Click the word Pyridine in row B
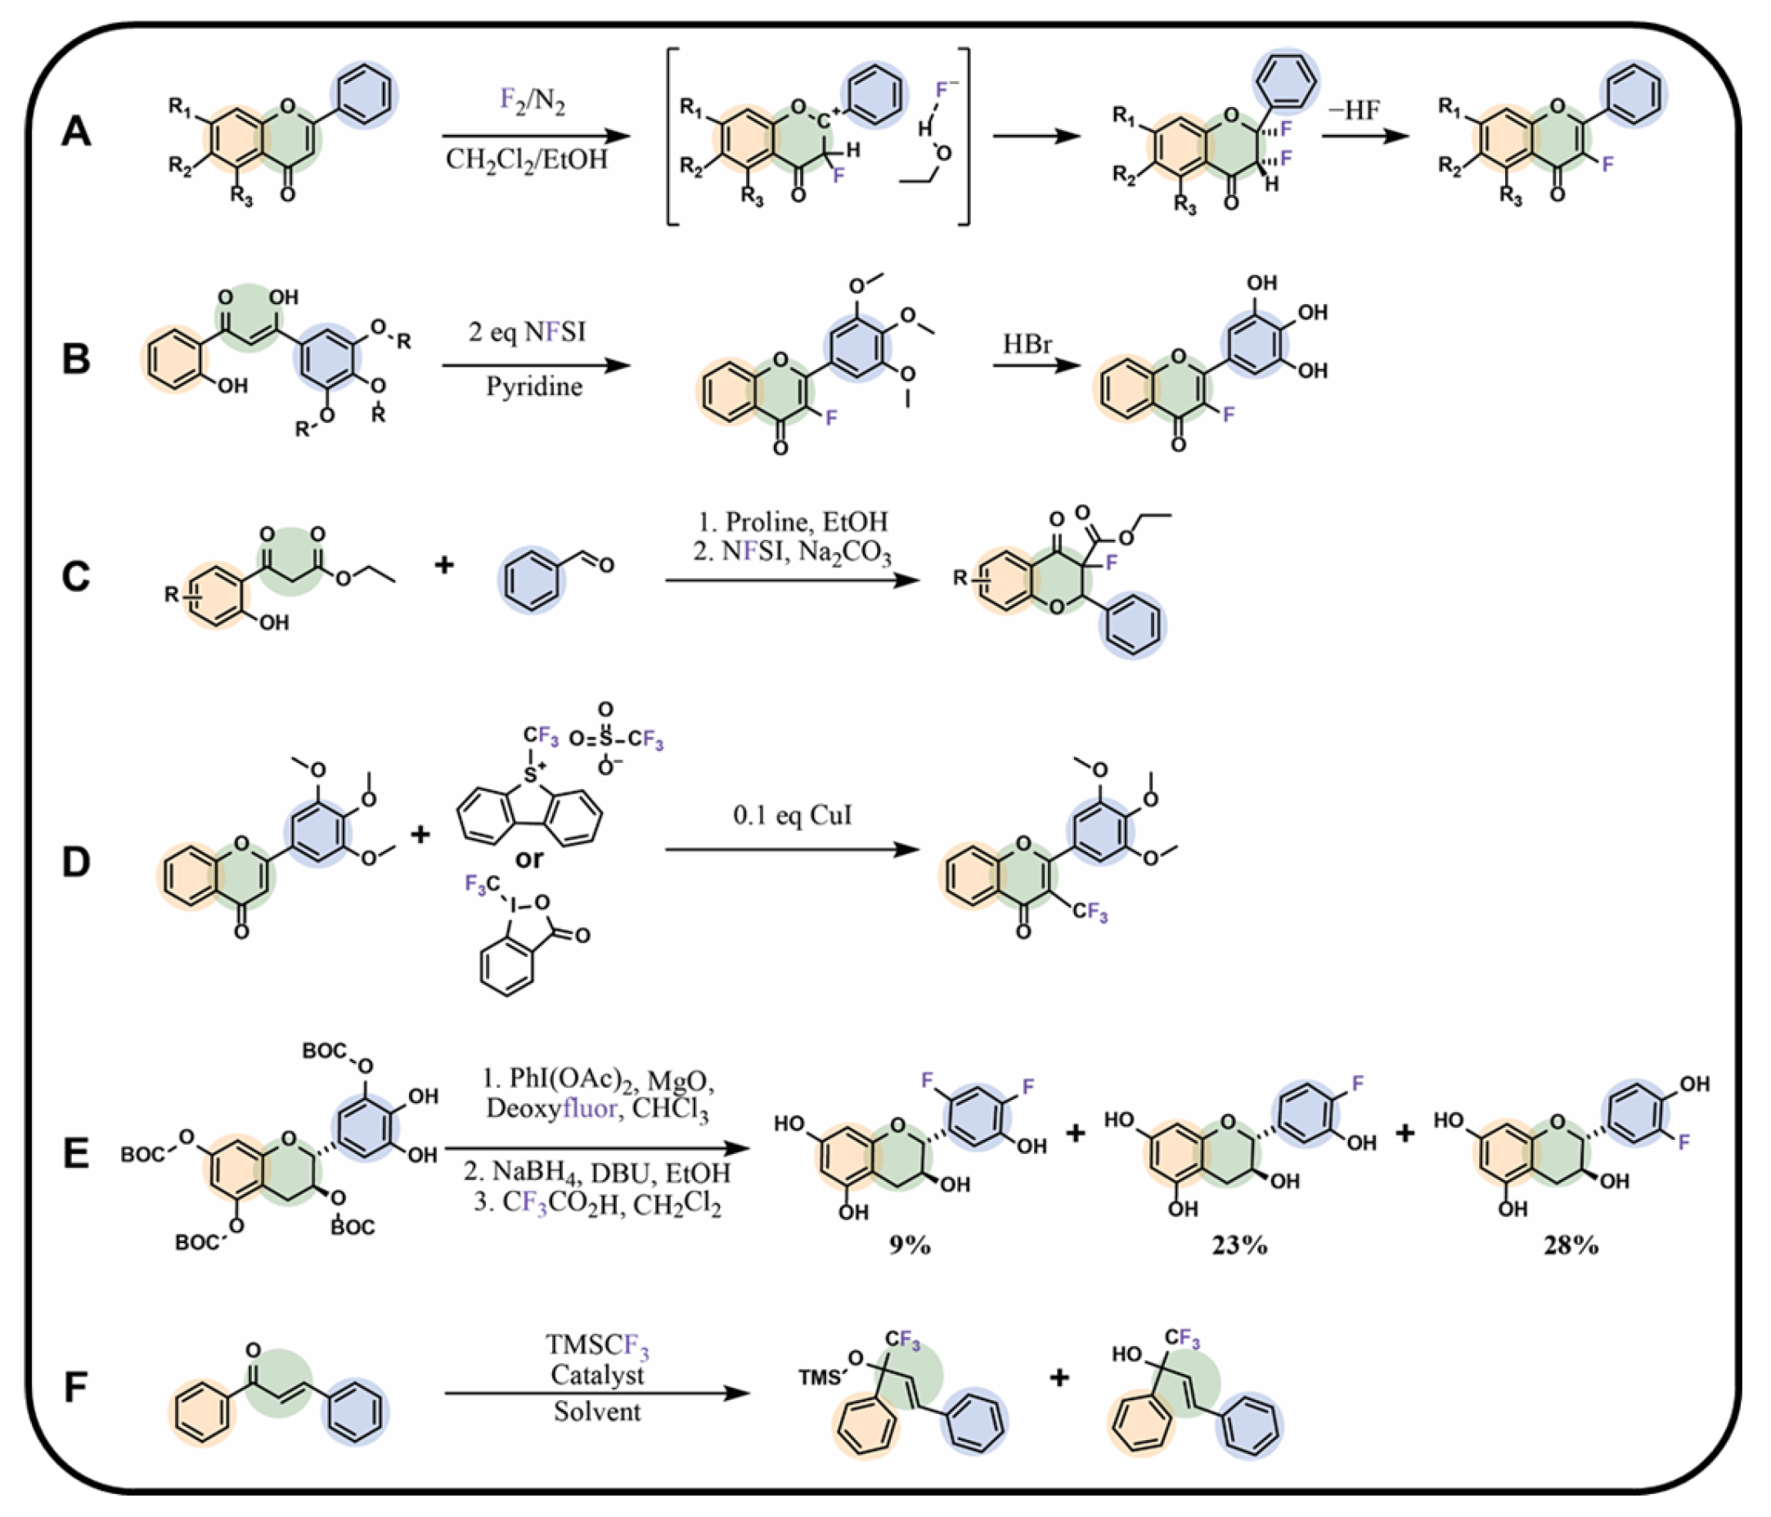point(534,387)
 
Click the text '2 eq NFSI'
point(528,331)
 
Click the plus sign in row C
point(443,565)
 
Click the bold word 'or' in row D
point(529,858)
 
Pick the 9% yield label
point(910,1246)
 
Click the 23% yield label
point(1239,1246)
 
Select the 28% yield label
point(1571,1246)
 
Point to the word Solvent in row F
point(596,1411)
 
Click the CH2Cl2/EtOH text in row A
point(527,159)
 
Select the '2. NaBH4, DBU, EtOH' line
point(597,1173)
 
